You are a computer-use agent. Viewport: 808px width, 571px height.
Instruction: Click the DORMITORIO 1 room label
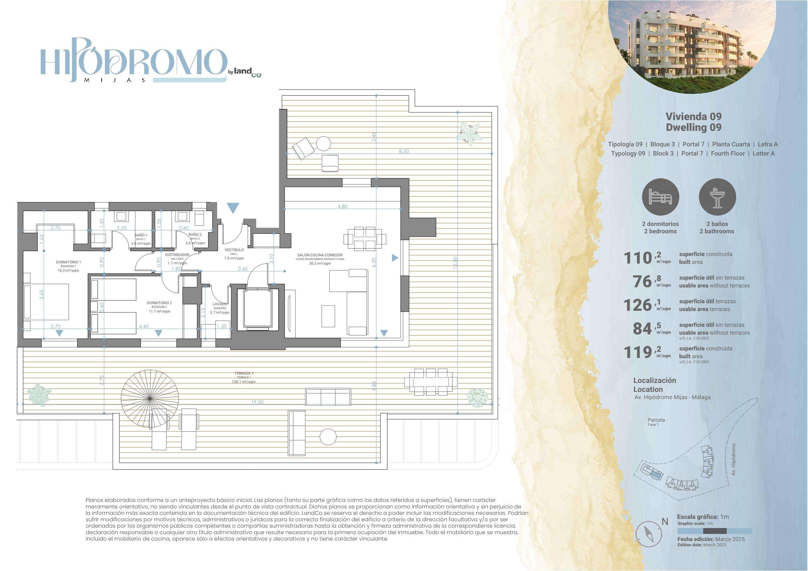(68, 262)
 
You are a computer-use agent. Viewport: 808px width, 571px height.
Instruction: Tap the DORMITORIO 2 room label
(159, 303)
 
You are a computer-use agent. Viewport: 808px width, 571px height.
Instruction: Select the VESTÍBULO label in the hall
(234, 250)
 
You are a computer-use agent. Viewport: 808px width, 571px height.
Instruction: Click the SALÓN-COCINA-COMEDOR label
(320, 255)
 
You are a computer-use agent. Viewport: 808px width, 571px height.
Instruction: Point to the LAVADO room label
(220, 304)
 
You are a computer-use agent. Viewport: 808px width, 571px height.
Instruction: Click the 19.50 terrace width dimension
(257, 402)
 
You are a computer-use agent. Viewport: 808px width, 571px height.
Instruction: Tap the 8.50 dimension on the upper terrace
(404, 151)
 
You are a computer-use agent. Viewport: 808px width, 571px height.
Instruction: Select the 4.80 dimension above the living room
(342, 207)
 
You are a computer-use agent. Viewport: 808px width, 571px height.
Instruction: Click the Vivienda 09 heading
(694, 116)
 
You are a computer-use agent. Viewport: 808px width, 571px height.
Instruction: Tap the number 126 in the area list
(638, 305)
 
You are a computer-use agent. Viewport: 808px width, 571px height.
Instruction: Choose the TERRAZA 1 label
(244, 373)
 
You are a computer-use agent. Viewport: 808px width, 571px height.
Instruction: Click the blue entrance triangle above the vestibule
(233, 208)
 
